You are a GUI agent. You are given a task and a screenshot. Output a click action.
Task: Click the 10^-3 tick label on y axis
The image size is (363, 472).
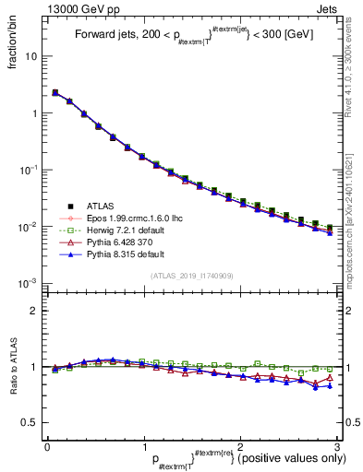click(28, 283)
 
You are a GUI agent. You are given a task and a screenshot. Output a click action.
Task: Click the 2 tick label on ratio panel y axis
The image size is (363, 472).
click(34, 311)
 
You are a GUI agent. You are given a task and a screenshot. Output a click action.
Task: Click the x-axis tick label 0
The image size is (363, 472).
click(46, 445)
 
